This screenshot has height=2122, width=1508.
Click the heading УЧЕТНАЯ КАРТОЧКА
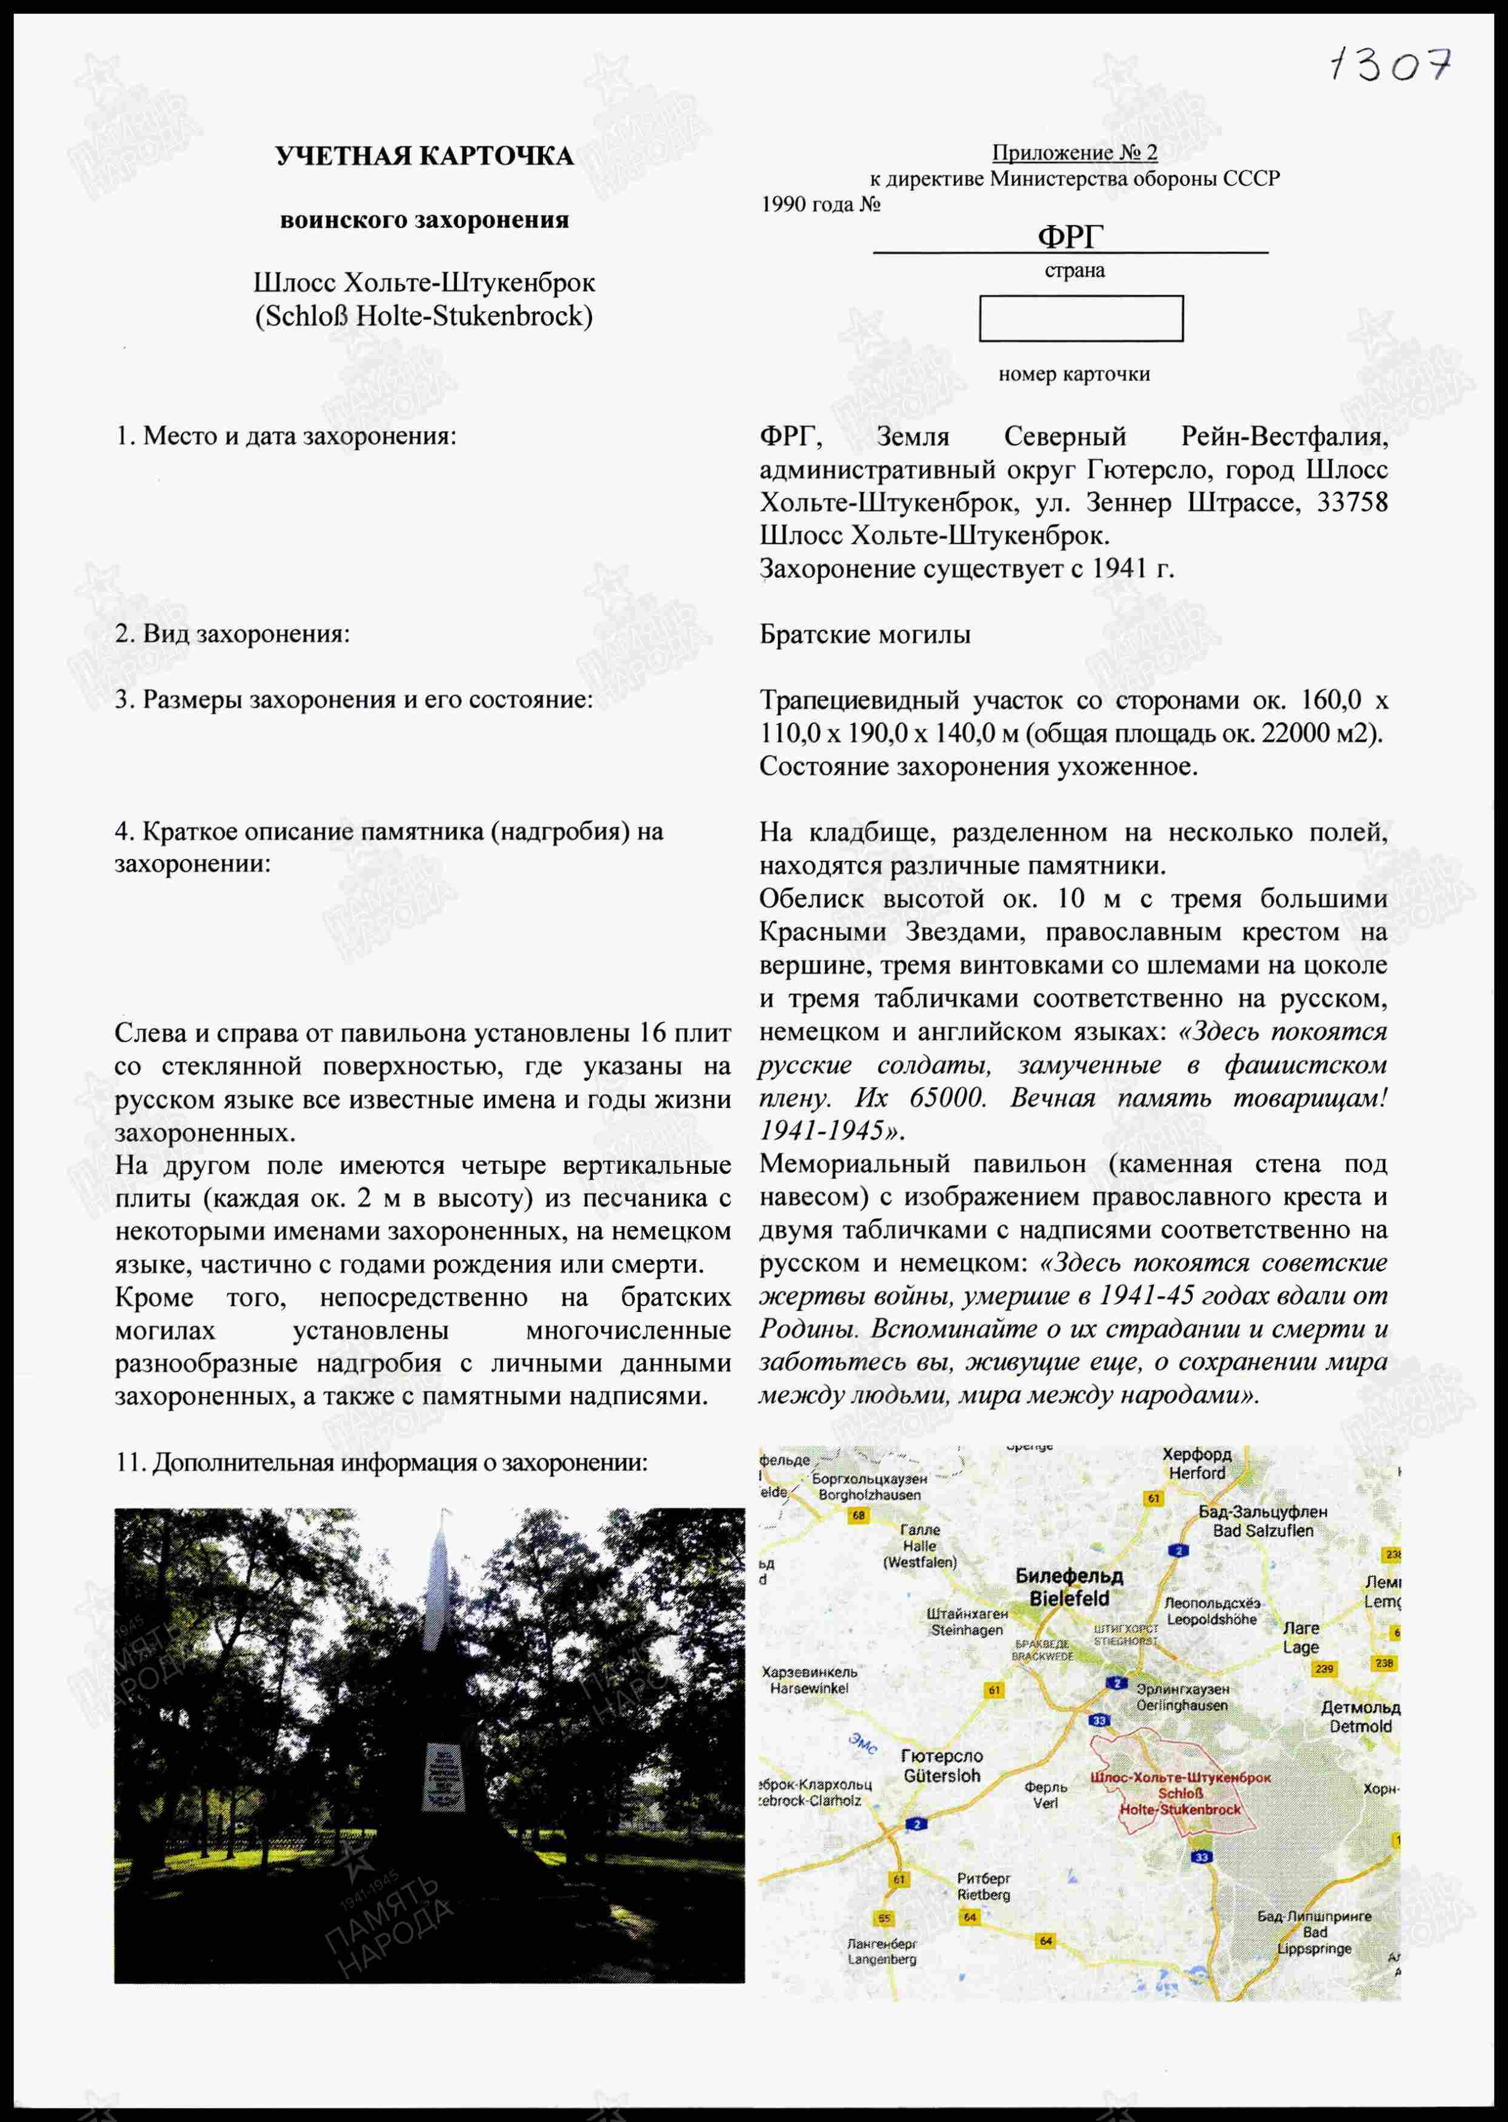424,156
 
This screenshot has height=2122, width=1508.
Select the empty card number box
1081,318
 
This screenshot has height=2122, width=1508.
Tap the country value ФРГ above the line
1070,237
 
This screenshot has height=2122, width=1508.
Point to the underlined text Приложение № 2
1075,152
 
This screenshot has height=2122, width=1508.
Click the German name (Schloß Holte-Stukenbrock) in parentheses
424,316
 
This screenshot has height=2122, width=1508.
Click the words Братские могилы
864,634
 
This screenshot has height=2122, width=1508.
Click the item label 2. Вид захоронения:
232,634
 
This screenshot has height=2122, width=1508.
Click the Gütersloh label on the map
941,1766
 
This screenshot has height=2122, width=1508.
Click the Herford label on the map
1197,1465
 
